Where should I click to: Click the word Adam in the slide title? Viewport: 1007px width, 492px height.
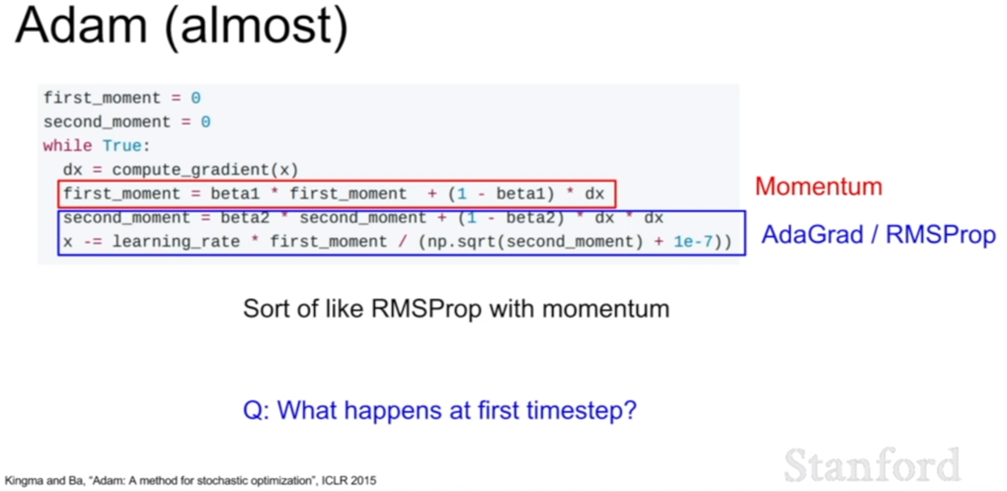coord(82,26)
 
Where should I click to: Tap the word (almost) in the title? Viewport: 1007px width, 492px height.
coord(257,28)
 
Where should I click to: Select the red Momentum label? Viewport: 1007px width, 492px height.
coord(818,186)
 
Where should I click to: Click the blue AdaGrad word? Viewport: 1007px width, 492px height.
coord(813,235)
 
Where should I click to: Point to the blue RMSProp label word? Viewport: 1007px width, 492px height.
coord(941,235)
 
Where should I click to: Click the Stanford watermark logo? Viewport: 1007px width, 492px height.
coord(872,464)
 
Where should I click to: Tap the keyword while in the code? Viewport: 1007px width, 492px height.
coord(67,146)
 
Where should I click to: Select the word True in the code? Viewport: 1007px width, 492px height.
coord(122,146)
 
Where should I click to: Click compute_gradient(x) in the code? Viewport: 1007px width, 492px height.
coord(205,170)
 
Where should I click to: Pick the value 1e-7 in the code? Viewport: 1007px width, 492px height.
coord(693,242)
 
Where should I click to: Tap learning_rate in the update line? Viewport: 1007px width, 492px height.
coord(176,242)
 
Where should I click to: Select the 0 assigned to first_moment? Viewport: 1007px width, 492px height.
coord(196,98)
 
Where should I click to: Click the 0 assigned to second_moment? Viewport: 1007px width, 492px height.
coord(206,121)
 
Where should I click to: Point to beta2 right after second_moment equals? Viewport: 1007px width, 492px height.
coord(244,218)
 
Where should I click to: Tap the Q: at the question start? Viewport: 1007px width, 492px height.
coord(256,410)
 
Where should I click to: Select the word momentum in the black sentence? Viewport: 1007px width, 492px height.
coord(606,309)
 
